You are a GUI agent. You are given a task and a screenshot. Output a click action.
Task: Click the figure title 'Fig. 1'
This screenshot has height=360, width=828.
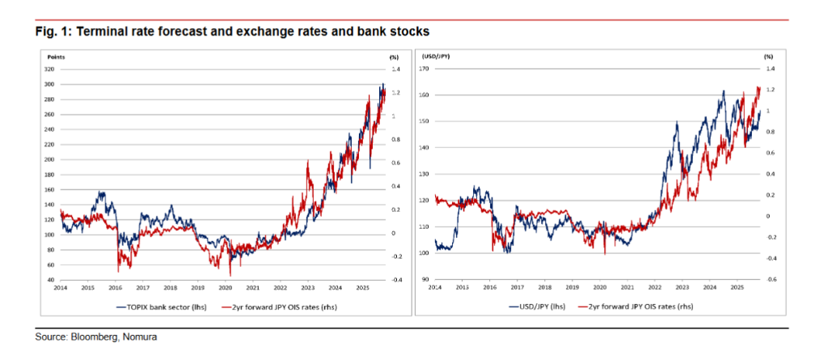click(50, 31)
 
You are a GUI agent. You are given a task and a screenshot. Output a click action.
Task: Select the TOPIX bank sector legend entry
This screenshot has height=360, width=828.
click(159, 307)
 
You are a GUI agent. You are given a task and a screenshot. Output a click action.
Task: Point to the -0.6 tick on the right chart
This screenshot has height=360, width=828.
click(770, 280)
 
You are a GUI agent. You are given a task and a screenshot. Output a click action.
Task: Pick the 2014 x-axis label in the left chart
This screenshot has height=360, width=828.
click(61, 287)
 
